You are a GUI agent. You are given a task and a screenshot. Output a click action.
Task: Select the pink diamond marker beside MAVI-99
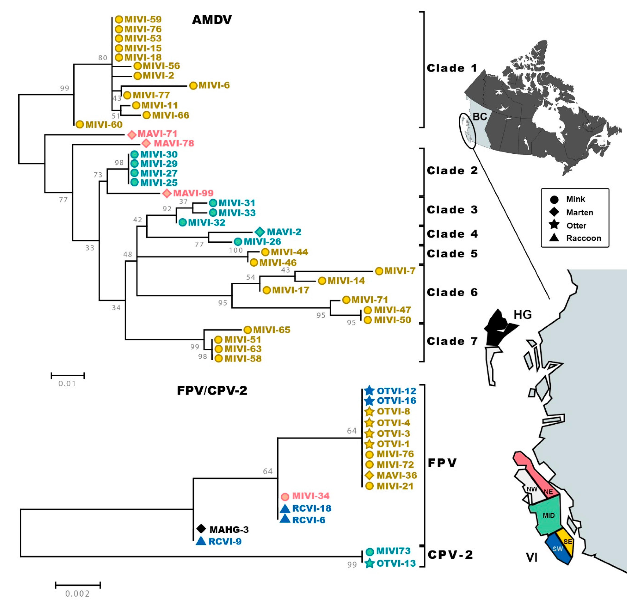(x=167, y=193)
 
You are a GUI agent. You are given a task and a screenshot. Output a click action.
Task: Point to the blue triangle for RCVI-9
(x=201, y=541)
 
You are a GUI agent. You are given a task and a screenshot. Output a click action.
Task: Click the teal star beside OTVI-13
(x=369, y=563)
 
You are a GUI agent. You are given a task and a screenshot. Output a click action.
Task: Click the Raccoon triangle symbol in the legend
(x=554, y=238)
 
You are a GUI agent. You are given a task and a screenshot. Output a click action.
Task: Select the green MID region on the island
(x=548, y=515)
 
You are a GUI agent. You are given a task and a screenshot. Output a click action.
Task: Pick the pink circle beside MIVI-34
(x=285, y=496)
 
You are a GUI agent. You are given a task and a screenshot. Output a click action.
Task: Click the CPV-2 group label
(x=450, y=555)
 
